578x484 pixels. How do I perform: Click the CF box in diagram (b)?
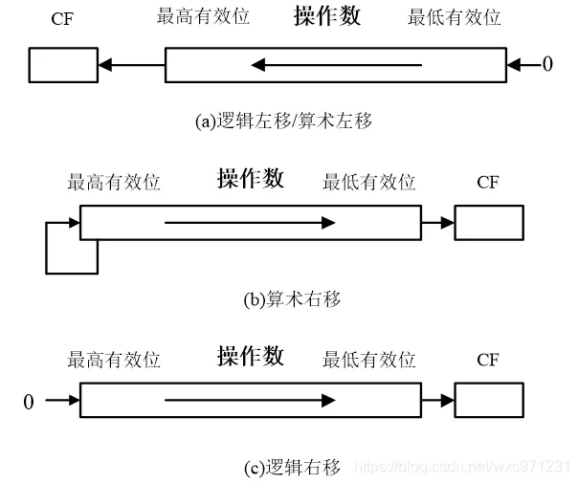[488, 223]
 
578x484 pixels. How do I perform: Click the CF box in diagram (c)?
[488, 400]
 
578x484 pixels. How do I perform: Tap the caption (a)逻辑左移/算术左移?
[283, 121]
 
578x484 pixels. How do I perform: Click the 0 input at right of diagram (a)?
[547, 65]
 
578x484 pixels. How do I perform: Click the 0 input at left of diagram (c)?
[28, 402]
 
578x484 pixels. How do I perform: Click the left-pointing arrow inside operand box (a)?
[335, 65]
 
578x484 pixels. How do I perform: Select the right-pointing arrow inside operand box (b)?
[250, 223]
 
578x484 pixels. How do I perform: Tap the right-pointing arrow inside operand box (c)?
[250, 400]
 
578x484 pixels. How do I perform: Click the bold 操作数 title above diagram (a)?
[327, 16]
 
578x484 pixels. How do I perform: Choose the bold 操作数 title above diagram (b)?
[250, 179]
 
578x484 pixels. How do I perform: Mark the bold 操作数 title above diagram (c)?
[250, 357]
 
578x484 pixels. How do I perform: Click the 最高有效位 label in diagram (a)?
[202, 18]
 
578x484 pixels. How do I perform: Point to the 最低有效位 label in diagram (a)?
[453, 18]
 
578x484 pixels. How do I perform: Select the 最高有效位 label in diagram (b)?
[114, 182]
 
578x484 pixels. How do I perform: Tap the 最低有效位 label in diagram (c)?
[369, 360]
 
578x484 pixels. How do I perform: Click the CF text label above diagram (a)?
[62, 18]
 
